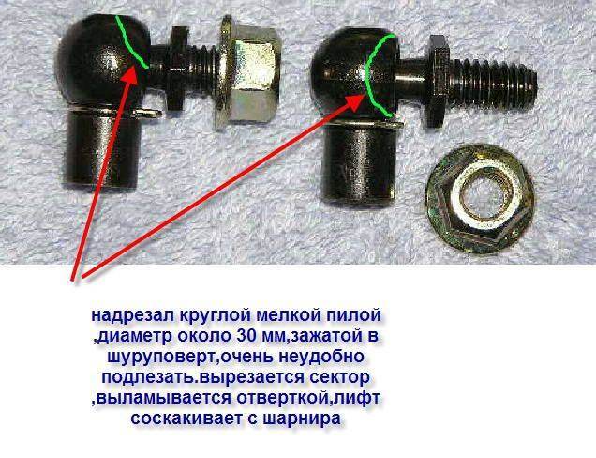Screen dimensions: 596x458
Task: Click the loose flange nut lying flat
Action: click(x=480, y=199)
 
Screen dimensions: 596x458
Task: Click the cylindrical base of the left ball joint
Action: click(x=102, y=149)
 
